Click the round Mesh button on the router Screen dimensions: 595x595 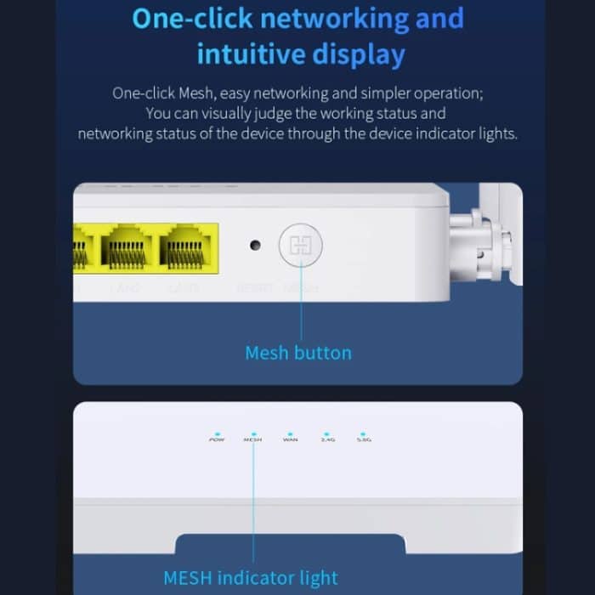(301, 246)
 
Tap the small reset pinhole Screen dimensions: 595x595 (254, 246)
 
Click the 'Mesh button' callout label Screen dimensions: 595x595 (297, 352)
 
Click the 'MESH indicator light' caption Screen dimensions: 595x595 (250, 579)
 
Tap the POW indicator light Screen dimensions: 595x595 (217, 433)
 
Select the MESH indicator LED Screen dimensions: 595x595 (252, 433)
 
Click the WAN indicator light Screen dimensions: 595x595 (290, 433)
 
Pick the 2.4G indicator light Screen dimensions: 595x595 (327, 433)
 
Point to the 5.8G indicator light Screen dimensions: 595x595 (363, 433)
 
